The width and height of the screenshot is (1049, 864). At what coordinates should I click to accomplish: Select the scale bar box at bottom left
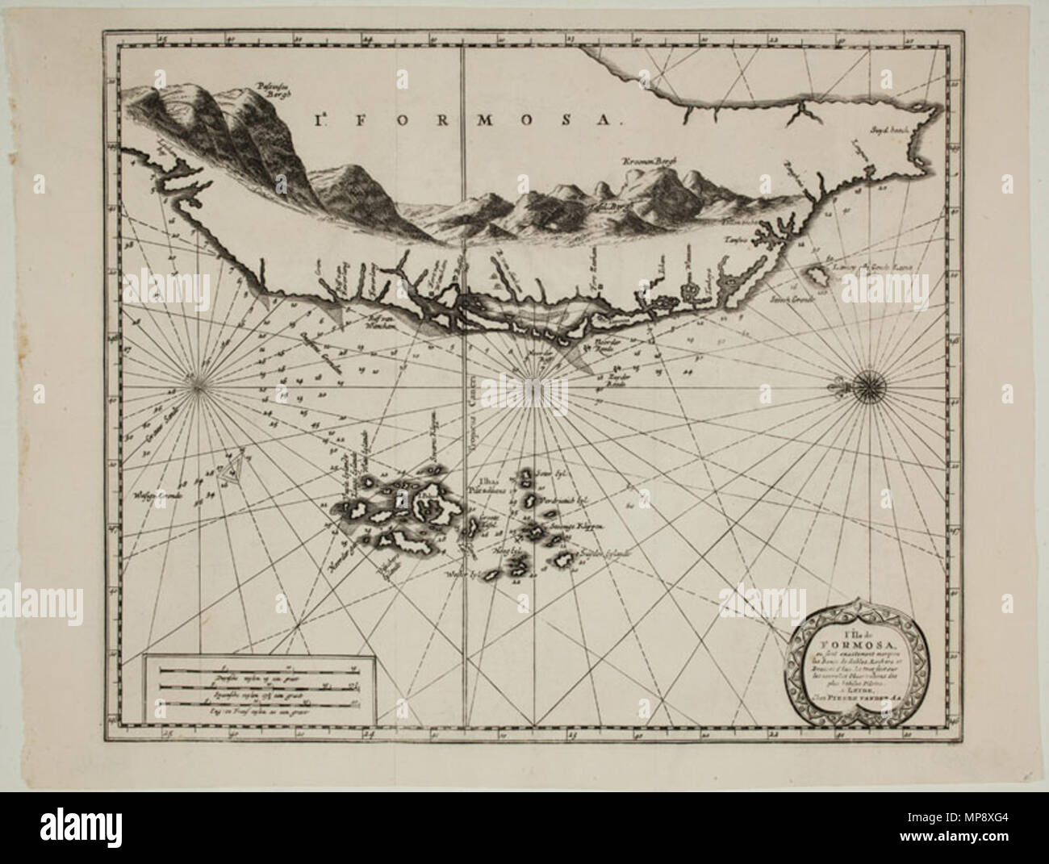[258, 691]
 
